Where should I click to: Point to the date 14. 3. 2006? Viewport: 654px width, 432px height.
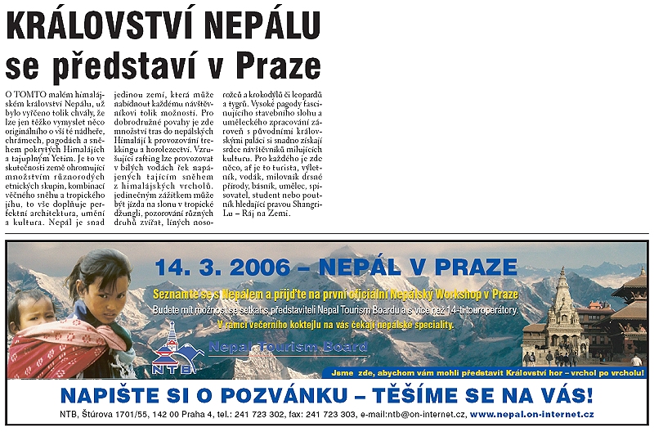222,267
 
